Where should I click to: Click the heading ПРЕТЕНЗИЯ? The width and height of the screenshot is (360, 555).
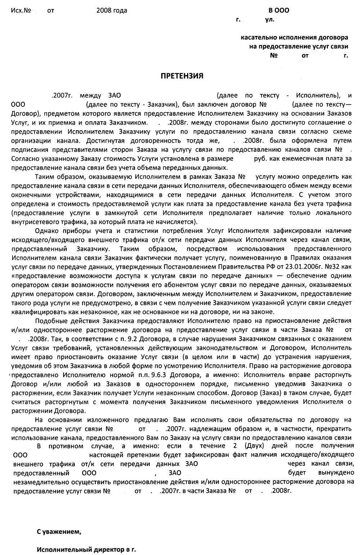click(x=181, y=76)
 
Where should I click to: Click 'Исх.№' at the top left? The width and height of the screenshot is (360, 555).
click(x=21, y=11)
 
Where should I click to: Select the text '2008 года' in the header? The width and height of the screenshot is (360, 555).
click(x=112, y=11)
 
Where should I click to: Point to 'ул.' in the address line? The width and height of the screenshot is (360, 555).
click(x=270, y=20)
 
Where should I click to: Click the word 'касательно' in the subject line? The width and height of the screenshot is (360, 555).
click(x=256, y=37)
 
